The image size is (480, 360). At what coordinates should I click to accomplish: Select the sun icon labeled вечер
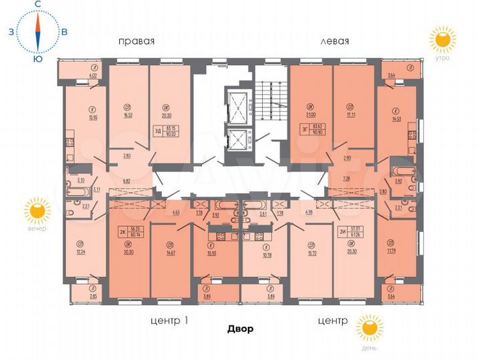tap(37, 212)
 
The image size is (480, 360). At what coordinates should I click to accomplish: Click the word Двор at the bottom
tap(240, 329)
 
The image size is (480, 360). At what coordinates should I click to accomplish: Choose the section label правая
tap(136, 41)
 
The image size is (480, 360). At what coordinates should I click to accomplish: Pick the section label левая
tap(335, 41)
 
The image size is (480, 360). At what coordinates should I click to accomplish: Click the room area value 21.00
tap(309, 116)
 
